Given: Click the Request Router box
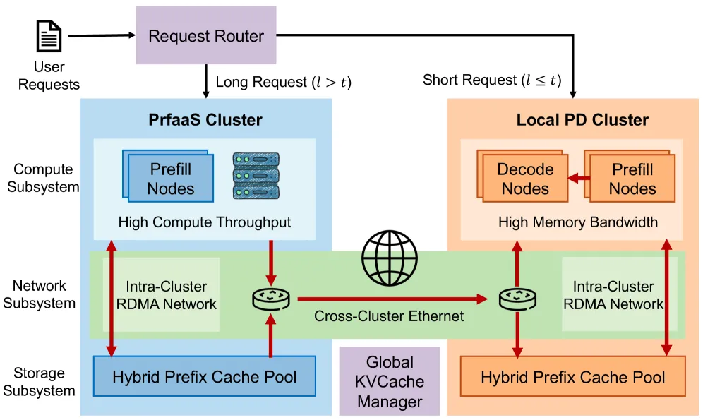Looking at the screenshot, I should pyautogui.click(x=206, y=35).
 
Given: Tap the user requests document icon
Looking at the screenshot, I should pyautogui.click(x=49, y=35).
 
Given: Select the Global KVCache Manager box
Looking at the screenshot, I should pyautogui.click(x=390, y=382).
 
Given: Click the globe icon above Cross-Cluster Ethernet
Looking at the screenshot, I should pyautogui.click(x=388, y=260).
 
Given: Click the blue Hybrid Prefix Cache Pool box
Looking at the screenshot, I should pyautogui.click(x=205, y=377).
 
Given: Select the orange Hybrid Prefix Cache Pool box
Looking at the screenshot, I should pyautogui.click(x=572, y=378).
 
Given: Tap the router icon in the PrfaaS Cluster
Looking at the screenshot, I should pyautogui.click(x=271, y=300).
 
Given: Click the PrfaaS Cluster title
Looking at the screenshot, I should pyautogui.click(x=205, y=119).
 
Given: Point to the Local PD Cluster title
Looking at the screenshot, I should pyautogui.click(x=572, y=119).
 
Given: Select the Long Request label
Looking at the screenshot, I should pyautogui.click(x=283, y=82).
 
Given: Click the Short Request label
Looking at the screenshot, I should pyautogui.click(x=492, y=80).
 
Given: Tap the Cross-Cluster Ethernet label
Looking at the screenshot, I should pyautogui.click(x=389, y=316).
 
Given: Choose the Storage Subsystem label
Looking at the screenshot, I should pyautogui.click(x=44, y=382).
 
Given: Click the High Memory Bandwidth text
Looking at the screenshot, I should pyautogui.click(x=578, y=222).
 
